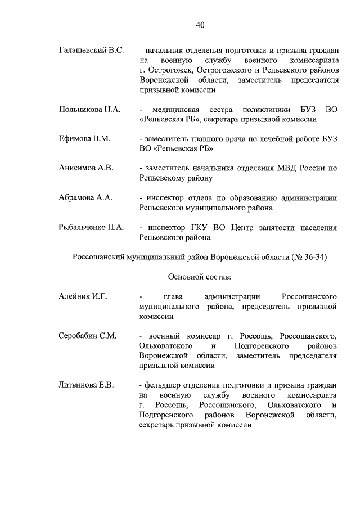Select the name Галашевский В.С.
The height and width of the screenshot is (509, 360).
pos(91,51)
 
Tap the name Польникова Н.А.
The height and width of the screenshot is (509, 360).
pos(89,109)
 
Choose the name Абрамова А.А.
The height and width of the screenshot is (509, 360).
pos(86,197)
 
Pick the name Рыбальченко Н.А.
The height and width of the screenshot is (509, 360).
pos(91,227)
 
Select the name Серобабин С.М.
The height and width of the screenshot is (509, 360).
pos(88,336)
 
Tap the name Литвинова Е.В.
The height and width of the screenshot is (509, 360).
pos(87,385)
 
